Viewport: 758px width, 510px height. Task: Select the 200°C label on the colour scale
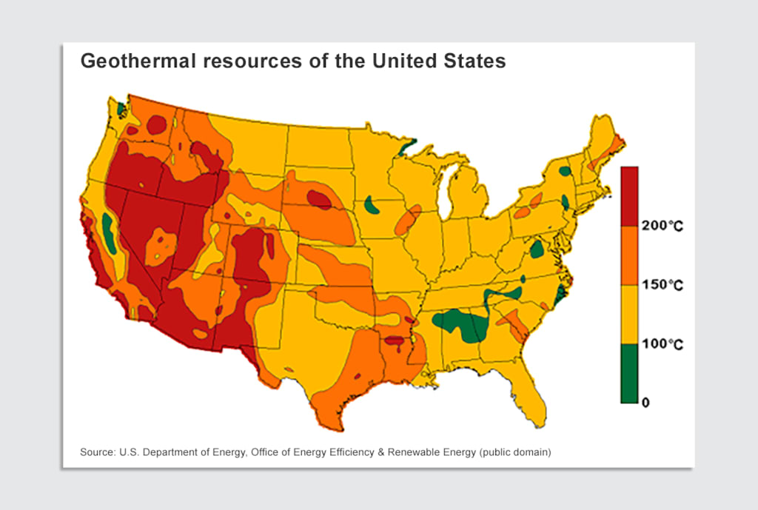click(662, 226)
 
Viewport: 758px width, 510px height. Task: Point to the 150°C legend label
click(662, 285)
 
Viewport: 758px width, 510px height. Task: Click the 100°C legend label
click(662, 344)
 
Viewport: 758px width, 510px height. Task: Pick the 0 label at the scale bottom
click(645, 403)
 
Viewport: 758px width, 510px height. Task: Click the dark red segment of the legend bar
click(629, 195)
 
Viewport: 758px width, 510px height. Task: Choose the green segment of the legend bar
click(629, 373)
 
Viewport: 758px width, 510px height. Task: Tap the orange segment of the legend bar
click(629, 255)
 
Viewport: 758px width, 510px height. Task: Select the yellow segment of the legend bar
click(629, 315)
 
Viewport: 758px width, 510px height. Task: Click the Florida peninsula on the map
click(534, 400)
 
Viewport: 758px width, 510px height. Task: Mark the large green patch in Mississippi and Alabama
click(463, 324)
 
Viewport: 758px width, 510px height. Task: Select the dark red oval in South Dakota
click(319, 198)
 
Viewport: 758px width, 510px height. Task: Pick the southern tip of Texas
click(337, 425)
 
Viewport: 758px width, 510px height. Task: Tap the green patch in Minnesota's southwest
click(372, 205)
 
